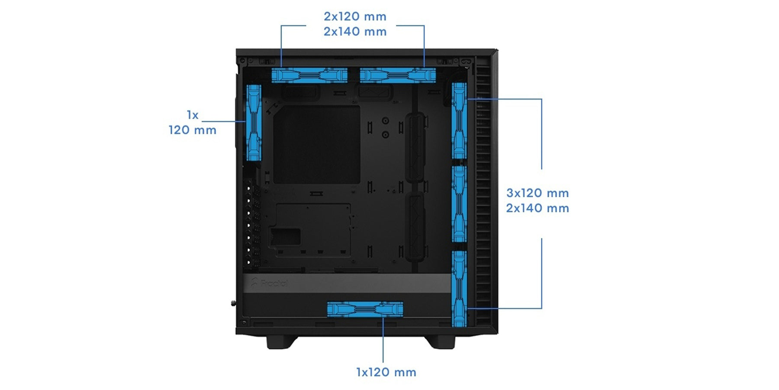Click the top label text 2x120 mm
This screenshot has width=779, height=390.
355,16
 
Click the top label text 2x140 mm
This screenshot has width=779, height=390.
355,32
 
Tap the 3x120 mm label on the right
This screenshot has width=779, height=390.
538,193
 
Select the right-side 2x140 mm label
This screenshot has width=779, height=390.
538,208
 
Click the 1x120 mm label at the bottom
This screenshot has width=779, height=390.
386,372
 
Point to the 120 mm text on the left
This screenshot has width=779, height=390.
193,130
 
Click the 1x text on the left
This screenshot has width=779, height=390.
193,115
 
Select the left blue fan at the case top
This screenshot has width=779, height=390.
309,75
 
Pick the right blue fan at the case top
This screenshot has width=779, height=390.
398,75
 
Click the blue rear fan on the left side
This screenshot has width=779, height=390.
254,123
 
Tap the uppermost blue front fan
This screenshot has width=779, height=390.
459,121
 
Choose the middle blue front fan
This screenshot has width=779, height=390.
459,204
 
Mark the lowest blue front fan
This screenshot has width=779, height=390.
459,289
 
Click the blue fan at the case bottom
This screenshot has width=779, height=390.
365,309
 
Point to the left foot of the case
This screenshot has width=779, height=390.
281,341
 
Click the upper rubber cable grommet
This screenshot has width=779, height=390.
415,148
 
